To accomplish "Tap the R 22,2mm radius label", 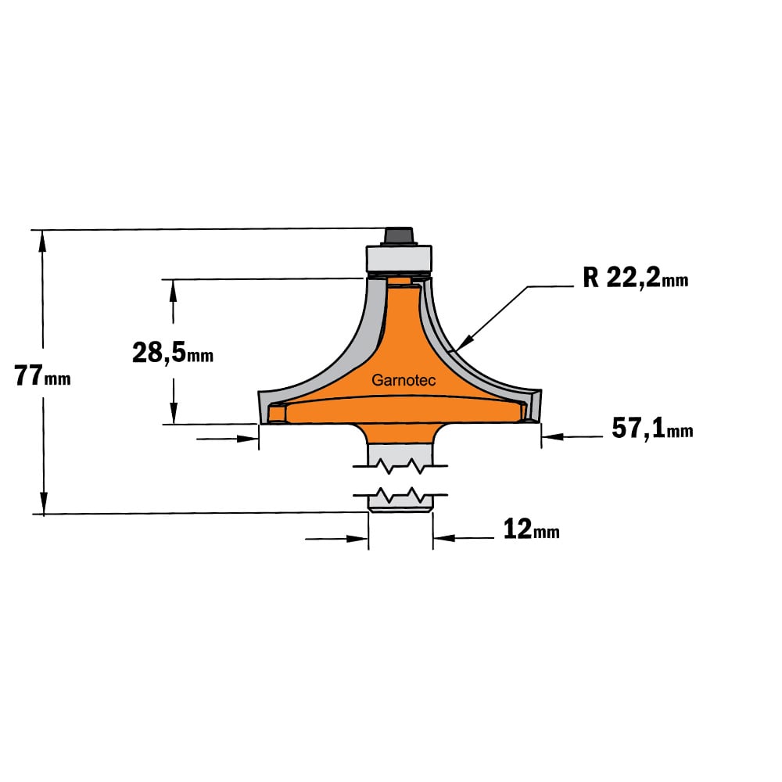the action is pyautogui.click(x=635, y=278).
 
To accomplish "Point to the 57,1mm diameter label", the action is pyautogui.click(x=652, y=429).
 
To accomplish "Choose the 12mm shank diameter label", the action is pyautogui.click(x=531, y=529).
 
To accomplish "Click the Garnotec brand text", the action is pyautogui.click(x=404, y=381).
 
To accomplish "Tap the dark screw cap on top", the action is pyautogui.click(x=400, y=235).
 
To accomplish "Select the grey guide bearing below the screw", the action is pyautogui.click(x=399, y=258).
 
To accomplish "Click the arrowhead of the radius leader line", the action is pyautogui.click(x=463, y=344).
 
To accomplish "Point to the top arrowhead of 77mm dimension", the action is pyautogui.click(x=43, y=240).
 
